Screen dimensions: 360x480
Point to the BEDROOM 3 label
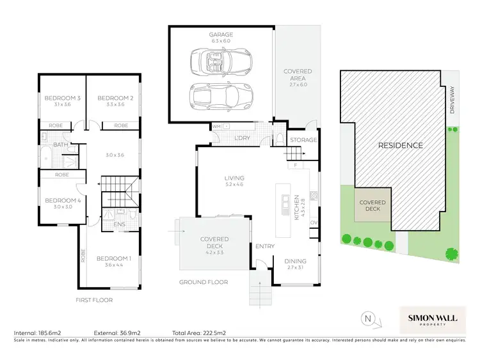(61, 98)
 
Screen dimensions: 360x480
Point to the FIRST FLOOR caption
(93, 299)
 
